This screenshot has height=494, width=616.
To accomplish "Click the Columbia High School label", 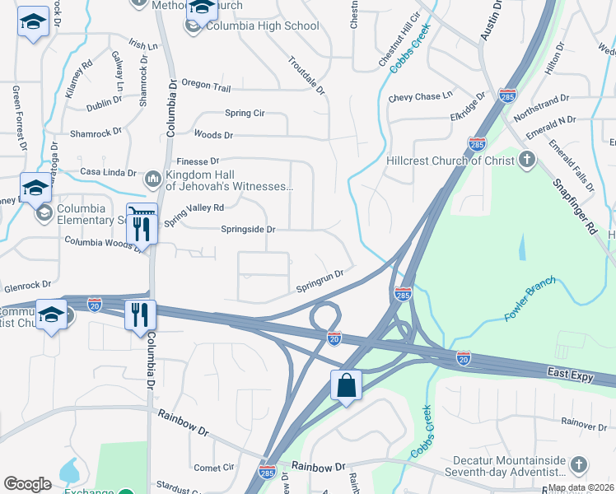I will pos(262,26).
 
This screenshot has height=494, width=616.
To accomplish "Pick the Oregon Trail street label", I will pos(206,86).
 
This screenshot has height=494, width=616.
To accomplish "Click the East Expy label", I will pos(570,375).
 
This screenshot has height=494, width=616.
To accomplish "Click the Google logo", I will pos(27,484).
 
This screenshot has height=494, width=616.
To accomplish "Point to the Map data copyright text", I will pos(581,487).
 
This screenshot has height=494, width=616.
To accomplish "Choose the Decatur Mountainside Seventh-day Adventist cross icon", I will pos(579,465).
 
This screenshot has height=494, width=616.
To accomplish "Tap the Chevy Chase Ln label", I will pos(421,97).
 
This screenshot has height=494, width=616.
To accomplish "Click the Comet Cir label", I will pos(214,468).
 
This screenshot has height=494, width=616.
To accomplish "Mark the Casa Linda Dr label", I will pos(108,172).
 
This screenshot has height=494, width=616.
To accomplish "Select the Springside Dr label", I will pos(247,230).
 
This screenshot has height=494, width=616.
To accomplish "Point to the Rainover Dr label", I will pos(584,423).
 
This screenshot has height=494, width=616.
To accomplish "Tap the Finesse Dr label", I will pos(198,161).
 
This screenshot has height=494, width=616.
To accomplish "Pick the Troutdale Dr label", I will pos(306,74).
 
